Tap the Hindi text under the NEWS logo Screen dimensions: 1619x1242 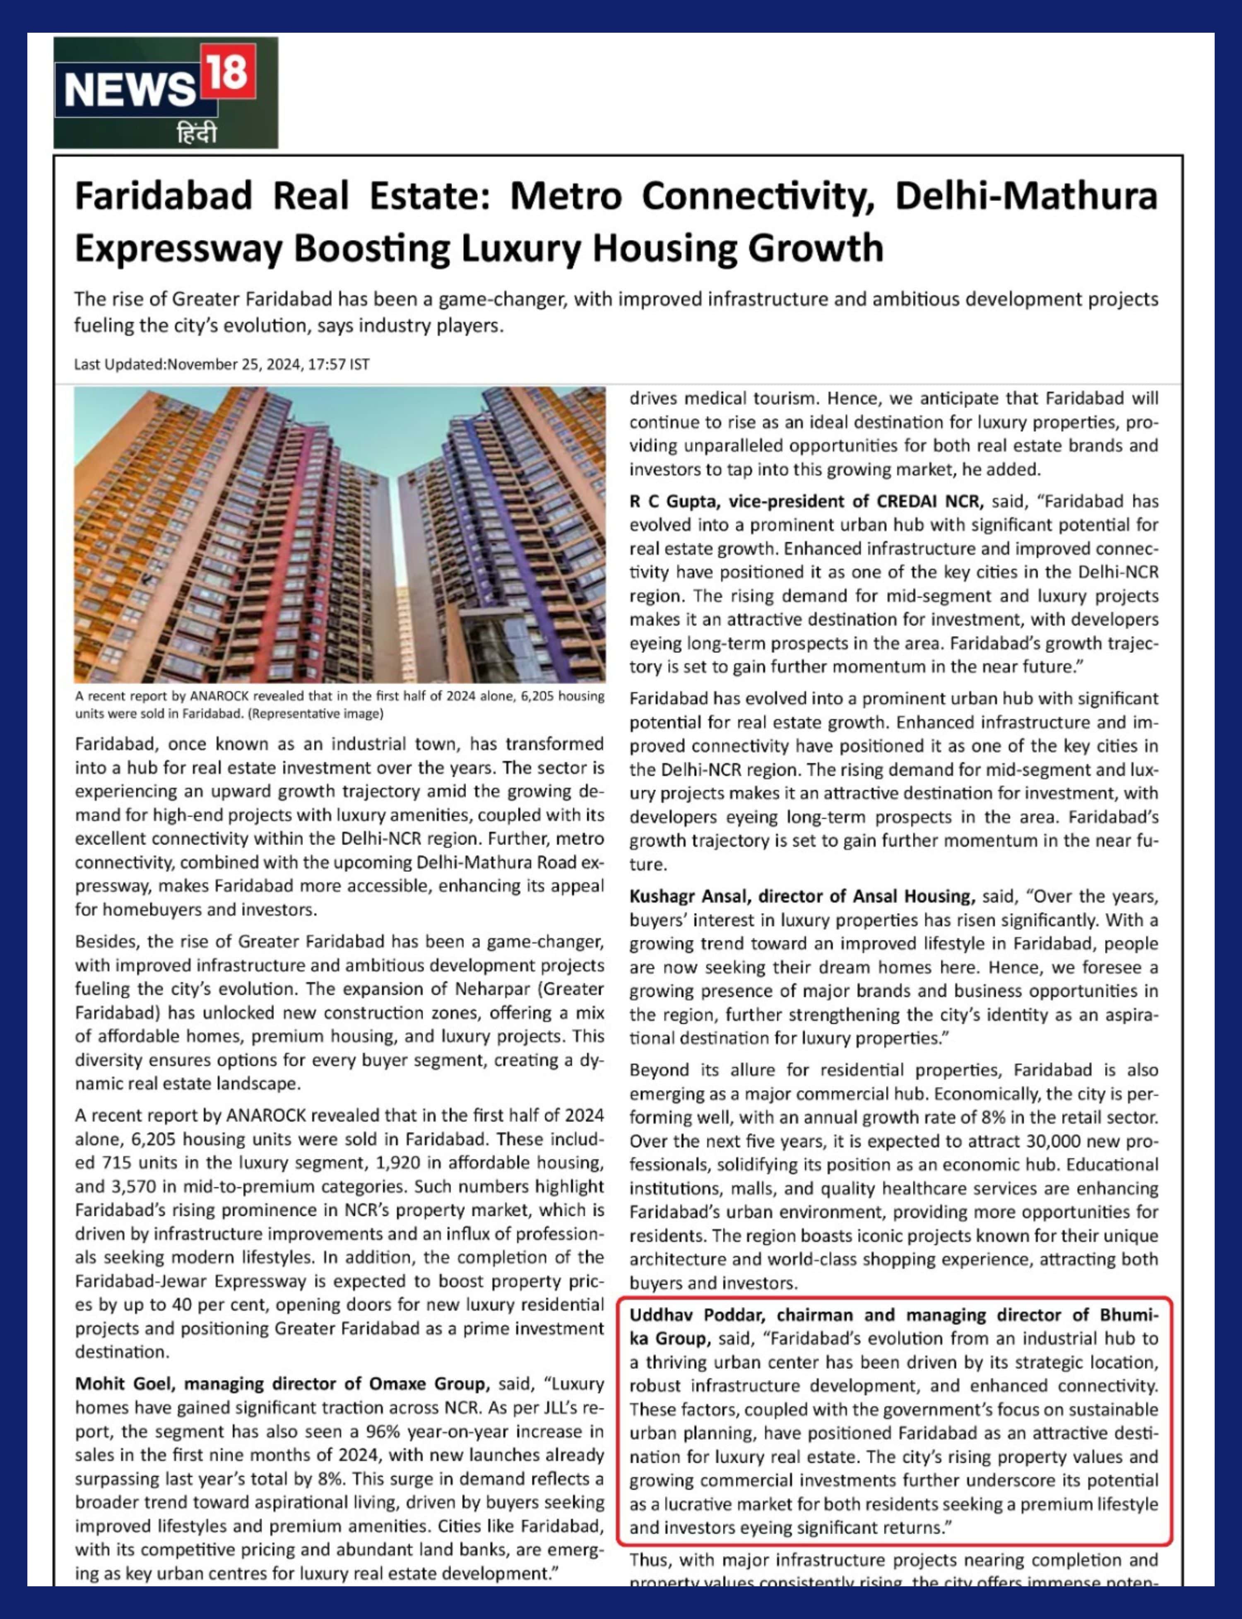pyautogui.click(x=197, y=134)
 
